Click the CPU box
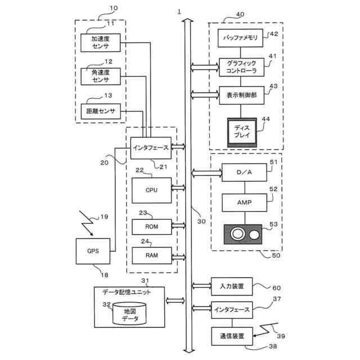point(151,190)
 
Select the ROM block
point(151,227)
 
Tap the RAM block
point(151,255)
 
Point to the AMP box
point(244,201)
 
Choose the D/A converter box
point(244,172)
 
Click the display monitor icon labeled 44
point(242,132)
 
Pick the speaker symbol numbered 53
point(244,233)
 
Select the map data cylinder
point(129,314)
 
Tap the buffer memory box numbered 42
point(240,39)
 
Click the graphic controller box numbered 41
point(240,67)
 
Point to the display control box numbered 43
point(240,95)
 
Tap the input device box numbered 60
point(231,286)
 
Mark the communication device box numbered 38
point(231,336)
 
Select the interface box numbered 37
point(231,309)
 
